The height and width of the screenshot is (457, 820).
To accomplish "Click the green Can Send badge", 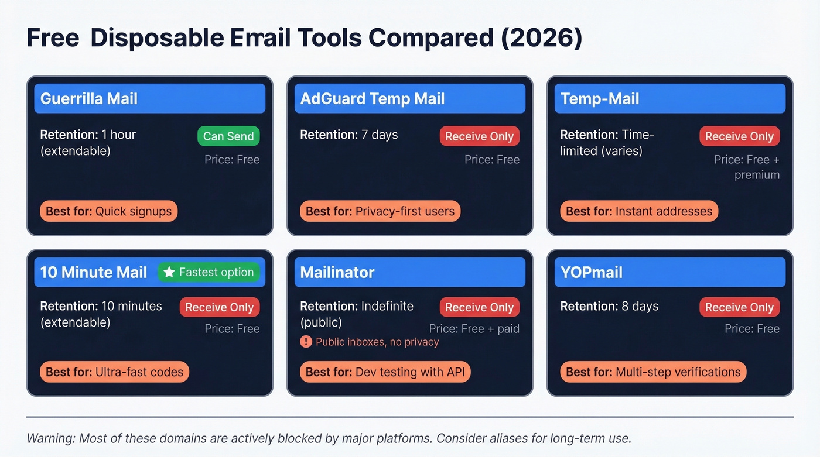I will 228,136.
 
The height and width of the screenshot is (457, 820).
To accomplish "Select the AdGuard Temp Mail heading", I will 373,99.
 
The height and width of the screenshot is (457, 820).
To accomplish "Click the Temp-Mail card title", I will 600,99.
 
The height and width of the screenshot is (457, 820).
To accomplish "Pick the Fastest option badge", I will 209,272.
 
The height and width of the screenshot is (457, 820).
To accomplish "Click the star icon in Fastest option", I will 169,272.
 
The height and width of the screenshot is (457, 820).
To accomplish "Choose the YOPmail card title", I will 591,272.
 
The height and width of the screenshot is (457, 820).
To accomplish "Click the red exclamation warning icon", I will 306,342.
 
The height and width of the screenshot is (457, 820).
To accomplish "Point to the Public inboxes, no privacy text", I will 377,342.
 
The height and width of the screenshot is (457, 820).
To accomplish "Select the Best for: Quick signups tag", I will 108,211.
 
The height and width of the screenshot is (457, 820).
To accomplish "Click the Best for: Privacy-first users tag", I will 380,211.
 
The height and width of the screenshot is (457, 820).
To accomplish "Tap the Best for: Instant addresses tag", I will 639,211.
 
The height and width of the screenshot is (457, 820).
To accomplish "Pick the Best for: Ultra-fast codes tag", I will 114,372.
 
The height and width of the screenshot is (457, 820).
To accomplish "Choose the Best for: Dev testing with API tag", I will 385,372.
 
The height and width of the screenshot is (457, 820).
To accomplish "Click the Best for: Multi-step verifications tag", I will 653,372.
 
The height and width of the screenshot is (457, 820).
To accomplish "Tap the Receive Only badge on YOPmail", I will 739,307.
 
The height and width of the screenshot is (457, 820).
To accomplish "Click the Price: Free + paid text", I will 474,329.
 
